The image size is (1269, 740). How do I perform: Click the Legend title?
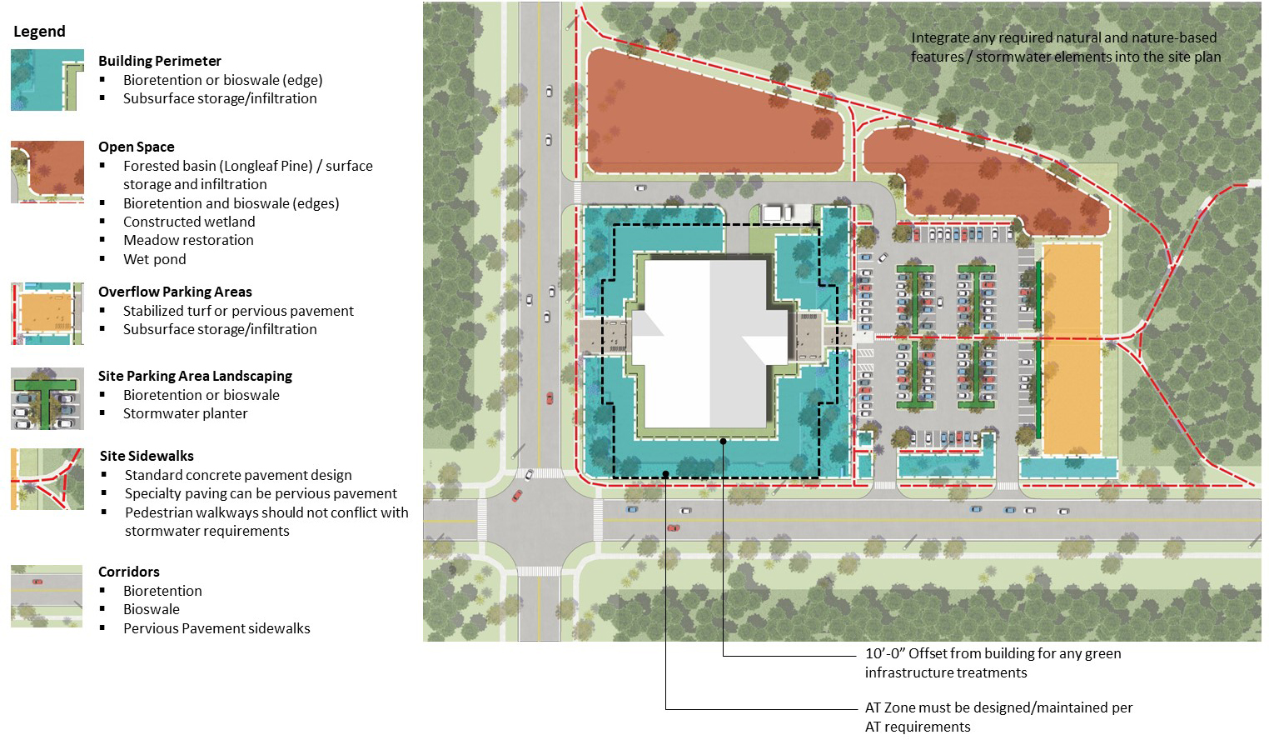(39, 32)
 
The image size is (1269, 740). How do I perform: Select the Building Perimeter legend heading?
(160, 61)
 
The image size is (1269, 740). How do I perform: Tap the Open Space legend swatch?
(47, 172)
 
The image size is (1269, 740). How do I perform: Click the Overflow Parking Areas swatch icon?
(47, 313)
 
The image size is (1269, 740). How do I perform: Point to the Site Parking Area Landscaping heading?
(195, 376)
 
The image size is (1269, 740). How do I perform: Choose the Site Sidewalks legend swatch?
(47, 479)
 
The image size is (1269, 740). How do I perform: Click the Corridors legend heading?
(129, 572)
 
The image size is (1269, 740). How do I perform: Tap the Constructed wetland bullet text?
(189, 222)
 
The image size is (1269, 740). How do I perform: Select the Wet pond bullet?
(155, 259)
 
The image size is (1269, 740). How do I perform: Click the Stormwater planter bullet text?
(186, 413)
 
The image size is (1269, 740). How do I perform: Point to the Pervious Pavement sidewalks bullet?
(216, 628)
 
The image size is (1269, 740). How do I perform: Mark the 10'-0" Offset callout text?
(993, 662)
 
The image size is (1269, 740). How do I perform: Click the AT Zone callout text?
(998, 717)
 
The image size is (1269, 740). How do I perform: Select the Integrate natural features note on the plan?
(1065, 47)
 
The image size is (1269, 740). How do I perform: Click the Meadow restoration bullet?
(188, 240)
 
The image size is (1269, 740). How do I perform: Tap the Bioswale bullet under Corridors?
(152, 609)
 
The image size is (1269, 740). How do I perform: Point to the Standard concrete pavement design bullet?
(238, 475)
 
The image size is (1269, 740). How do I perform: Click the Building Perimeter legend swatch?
(47, 80)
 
